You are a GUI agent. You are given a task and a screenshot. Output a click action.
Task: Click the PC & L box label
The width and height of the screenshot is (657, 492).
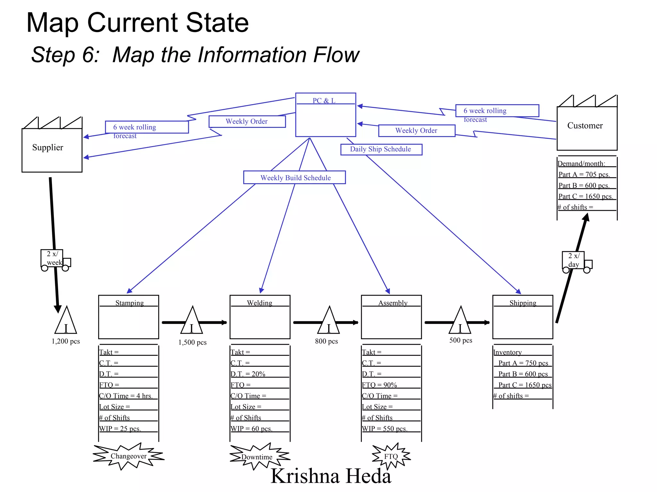(x=324, y=101)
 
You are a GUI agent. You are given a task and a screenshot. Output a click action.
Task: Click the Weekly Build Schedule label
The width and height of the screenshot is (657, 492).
(x=295, y=178)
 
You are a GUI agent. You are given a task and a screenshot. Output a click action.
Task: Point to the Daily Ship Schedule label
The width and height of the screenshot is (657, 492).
(x=380, y=149)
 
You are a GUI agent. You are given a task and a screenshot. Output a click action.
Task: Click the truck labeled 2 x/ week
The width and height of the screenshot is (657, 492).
(x=55, y=259)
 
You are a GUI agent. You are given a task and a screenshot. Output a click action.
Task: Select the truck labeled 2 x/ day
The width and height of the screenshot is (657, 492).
(x=576, y=261)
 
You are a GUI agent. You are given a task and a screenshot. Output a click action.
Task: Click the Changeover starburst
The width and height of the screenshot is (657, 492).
(x=128, y=456)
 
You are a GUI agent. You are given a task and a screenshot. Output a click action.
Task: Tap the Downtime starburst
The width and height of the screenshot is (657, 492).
(x=257, y=457)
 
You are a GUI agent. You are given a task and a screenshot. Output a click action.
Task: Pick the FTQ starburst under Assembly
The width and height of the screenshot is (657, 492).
(x=391, y=456)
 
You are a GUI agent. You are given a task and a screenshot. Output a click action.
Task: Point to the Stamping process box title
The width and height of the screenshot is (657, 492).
(x=129, y=303)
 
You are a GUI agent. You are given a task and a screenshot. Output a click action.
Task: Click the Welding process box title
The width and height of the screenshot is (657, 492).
(x=260, y=303)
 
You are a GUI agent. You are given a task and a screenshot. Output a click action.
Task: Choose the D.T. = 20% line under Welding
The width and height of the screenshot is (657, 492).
(x=248, y=374)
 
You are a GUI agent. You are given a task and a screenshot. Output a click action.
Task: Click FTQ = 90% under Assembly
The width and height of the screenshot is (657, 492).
(x=380, y=385)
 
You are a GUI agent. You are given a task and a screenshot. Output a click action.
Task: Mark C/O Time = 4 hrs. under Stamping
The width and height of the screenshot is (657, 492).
(x=126, y=396)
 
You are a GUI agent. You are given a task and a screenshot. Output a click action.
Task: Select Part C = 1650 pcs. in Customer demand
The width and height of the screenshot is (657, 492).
(x=585, y=196)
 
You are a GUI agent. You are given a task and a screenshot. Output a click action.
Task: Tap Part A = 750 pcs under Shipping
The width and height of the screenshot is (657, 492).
(x=523, y=363)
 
